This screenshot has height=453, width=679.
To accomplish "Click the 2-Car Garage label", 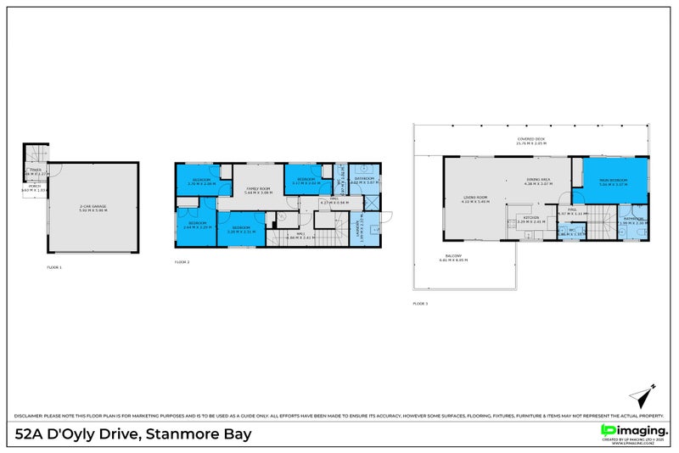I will tap(94, 207).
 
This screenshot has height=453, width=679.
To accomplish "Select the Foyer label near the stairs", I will tap(35, 172).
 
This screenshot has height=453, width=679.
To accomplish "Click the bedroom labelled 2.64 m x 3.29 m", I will tap(195, 225).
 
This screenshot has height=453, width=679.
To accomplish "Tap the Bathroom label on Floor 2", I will tap(365, 181).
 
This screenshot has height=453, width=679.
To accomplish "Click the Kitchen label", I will tap(531, 220).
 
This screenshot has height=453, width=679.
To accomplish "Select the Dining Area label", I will tap(539, 181).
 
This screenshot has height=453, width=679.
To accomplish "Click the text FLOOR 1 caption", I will tap(54, 267).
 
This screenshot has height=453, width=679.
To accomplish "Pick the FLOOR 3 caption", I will tap(420, 303).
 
